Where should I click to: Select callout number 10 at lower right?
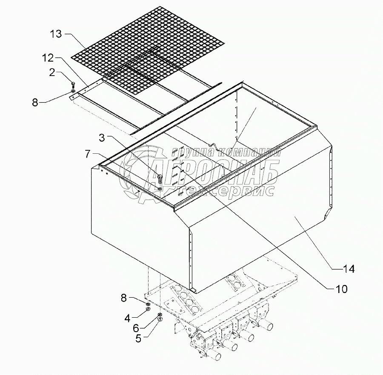(341, 290)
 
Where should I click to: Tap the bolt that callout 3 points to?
(160, 178)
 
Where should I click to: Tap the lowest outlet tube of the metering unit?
(216, 355)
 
